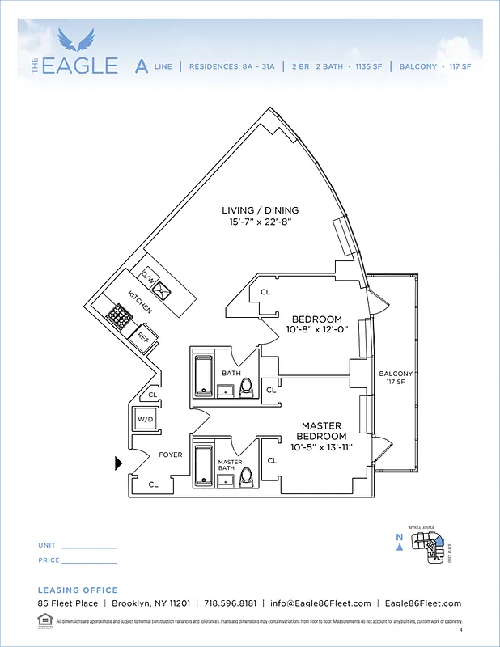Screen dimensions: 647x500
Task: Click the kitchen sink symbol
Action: coord(165,289)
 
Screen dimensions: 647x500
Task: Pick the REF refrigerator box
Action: coord(143,333)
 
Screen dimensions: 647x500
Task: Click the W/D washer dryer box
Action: coord(146,420)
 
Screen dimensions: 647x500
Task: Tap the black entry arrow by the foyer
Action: coord(119,463)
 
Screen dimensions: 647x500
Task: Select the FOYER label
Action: coord(170,455)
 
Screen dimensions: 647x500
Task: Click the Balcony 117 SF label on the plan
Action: coord(396,378)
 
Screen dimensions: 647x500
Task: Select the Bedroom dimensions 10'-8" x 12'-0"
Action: coord(316,329)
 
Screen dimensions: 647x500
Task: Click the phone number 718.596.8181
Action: coord(231,603)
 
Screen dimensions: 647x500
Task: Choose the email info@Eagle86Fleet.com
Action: coord(320,603)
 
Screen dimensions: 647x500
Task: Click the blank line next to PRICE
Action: coord(90,561)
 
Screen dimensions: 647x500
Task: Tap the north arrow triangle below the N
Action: coord(399,547)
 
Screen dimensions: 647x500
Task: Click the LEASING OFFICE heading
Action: coord(78,590)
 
